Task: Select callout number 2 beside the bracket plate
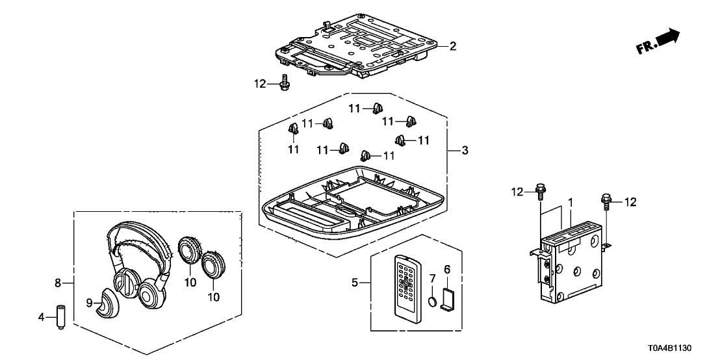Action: coord(453,46)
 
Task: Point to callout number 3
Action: coord(465,151)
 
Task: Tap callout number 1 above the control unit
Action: coord(570,204)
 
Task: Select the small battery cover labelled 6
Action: coord(448,298)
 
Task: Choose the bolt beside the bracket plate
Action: coord(285,83)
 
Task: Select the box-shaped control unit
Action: coord(575,266)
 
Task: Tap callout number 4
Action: coord(42,318)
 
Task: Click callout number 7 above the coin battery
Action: coord(433,279)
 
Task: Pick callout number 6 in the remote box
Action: coord(447,268)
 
